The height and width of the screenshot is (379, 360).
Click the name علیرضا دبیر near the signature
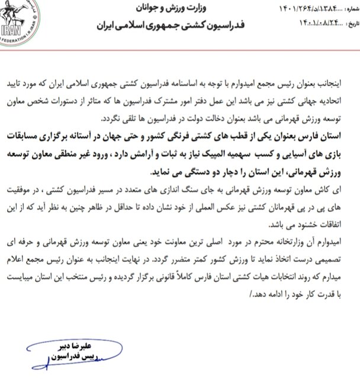pyautogui.click(x=59, y=348)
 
